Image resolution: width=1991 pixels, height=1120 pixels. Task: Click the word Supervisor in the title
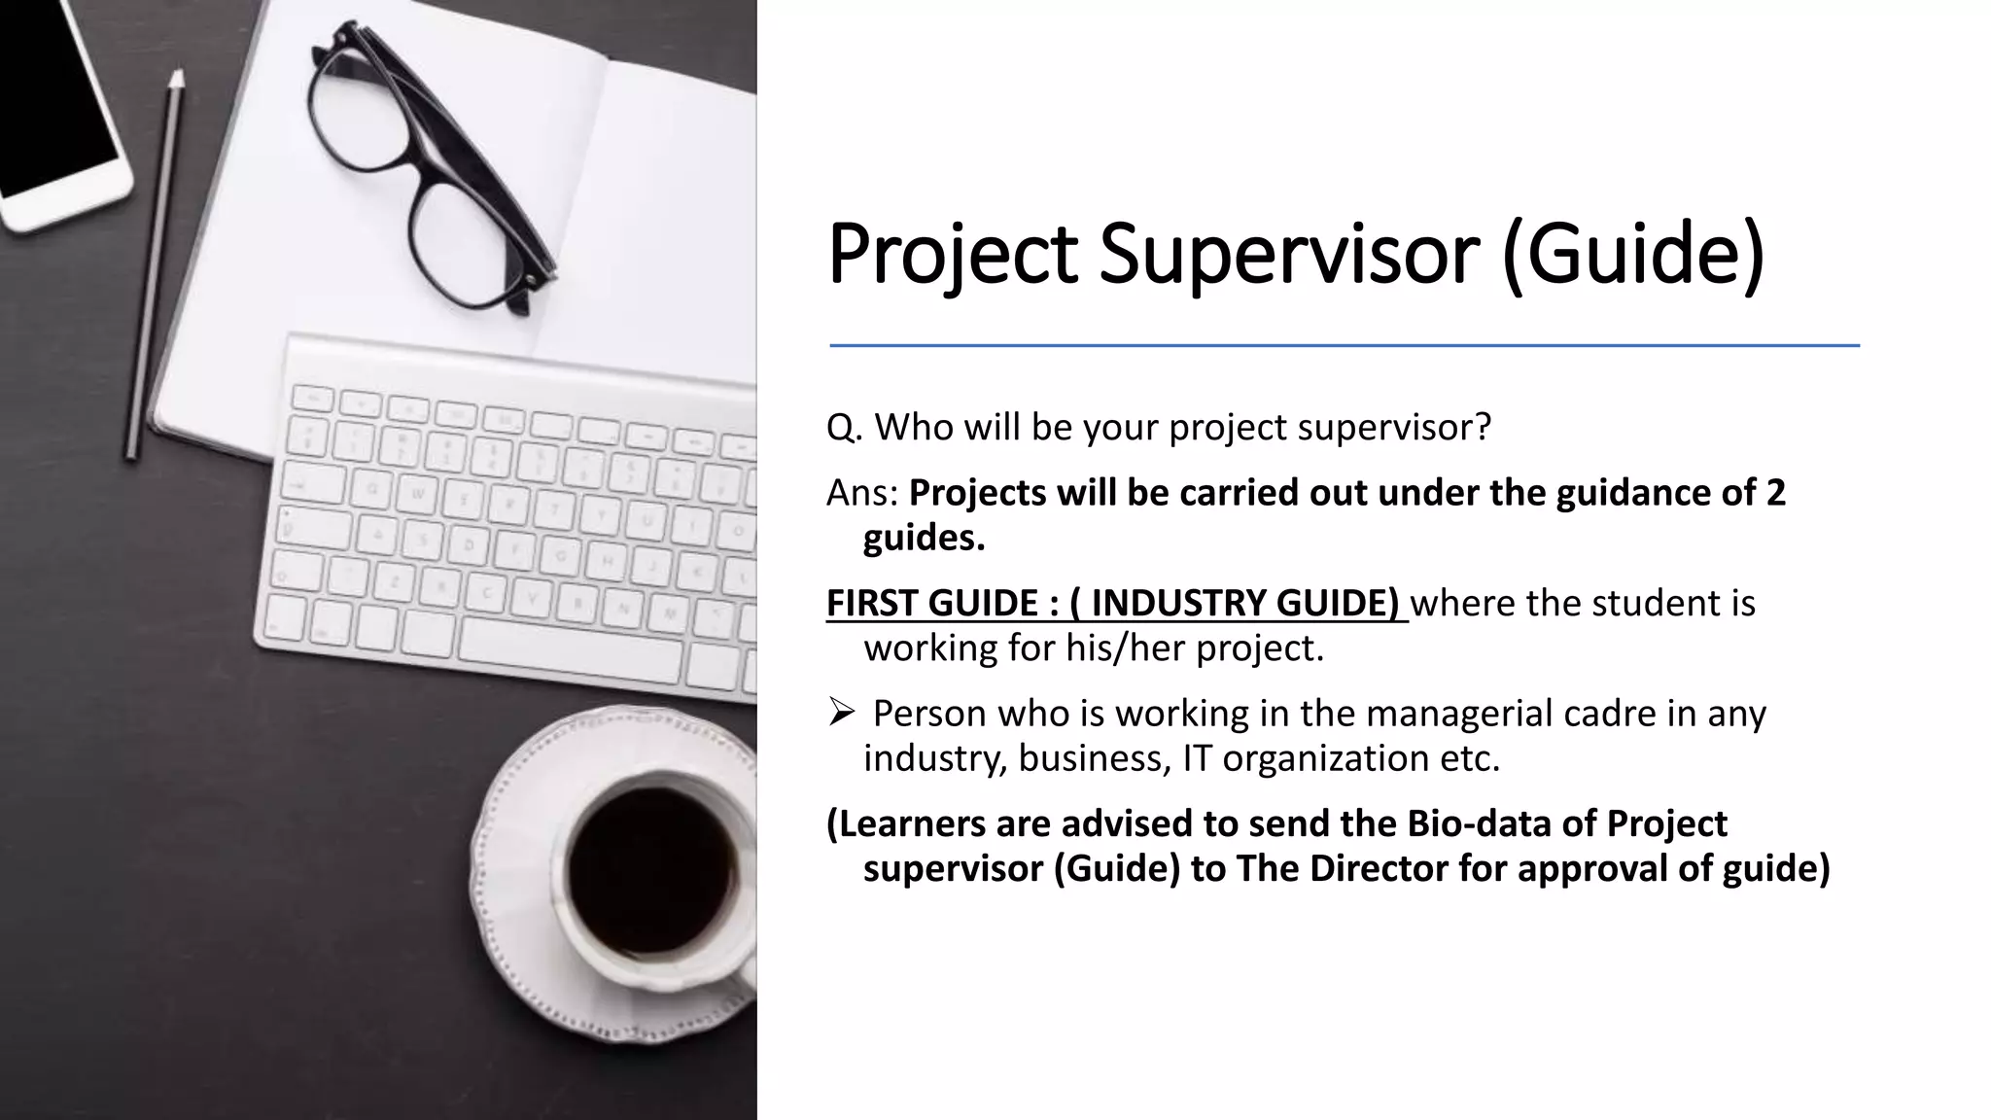click(1290, 255)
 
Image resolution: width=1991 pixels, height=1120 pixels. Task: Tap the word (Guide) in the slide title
click(1632, 255)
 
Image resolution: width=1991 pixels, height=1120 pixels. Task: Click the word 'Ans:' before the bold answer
click(862, 494)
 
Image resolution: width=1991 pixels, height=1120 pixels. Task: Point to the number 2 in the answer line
click(1775, 494)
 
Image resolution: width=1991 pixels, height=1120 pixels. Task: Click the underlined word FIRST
click(872, 604)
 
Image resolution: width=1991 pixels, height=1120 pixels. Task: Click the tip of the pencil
click(176, 76)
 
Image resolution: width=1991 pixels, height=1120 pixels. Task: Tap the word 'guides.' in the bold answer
click(924, 539)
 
